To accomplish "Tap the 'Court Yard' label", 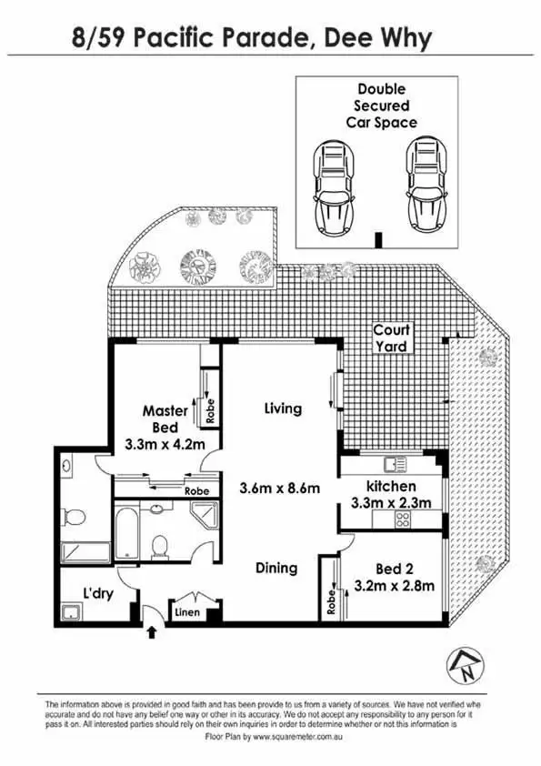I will coord(393,338).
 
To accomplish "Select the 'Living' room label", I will coord(283,408).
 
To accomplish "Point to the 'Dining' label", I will coord(276,568).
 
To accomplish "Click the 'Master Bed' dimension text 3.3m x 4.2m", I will coord(165,446).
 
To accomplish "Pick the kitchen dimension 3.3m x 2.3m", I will coord(391,502).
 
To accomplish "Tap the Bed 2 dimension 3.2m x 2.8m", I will coord(395,585).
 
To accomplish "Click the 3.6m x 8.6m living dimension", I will coord(279,488).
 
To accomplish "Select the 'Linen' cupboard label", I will coord(186,611).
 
